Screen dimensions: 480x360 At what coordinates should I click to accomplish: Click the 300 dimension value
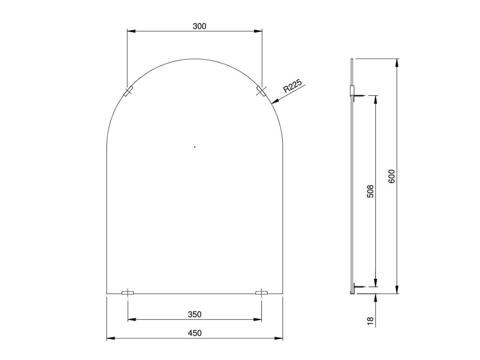click(199, 26)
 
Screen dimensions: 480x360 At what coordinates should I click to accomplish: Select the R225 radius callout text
click(292, 86)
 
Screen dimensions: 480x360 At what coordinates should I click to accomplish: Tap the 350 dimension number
click(194, 314)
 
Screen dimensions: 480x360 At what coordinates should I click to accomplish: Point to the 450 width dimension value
click(194, 333)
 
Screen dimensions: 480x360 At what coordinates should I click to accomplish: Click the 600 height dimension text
click(392, 176)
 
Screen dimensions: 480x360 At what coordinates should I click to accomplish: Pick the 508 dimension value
click(370, 191)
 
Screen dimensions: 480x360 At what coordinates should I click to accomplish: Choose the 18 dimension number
click(370, 321)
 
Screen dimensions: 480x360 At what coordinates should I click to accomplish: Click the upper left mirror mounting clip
click(128, 91)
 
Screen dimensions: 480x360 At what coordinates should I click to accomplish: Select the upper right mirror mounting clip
click(261, 91)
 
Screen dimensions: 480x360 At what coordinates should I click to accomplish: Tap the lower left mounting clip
click(128, 293)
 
